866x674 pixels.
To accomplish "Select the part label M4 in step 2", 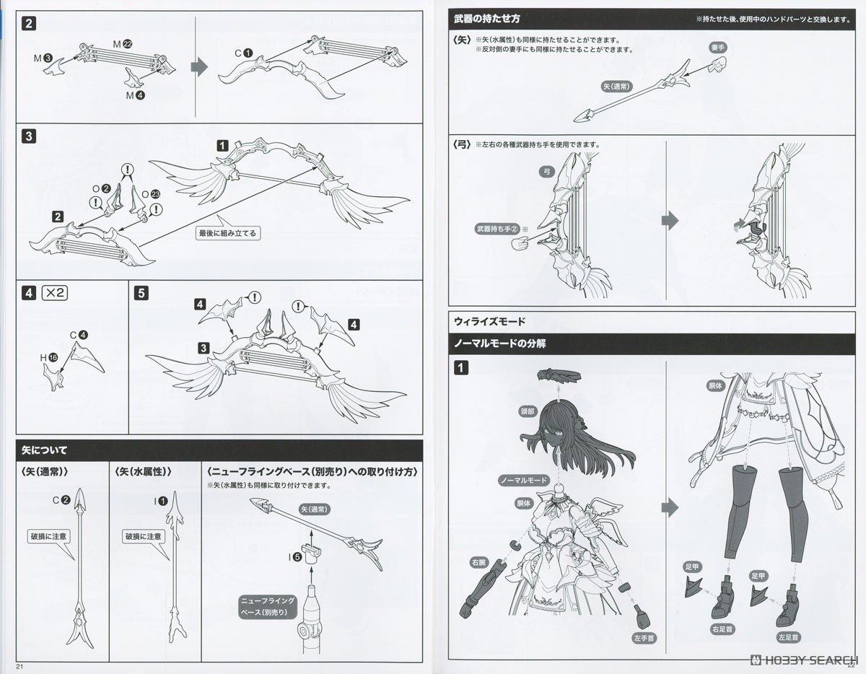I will pyautogui.click(x=136, y=95).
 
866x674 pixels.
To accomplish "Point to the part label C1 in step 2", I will pyautogui.click(x=243, y=53).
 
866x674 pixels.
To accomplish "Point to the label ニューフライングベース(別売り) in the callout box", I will pyautogui.click(x=268, y=605).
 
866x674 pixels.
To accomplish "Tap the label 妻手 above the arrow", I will pyautogui.click(x=717, y=45).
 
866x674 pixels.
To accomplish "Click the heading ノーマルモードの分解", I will pyautogui.click(x=499, y=343).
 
